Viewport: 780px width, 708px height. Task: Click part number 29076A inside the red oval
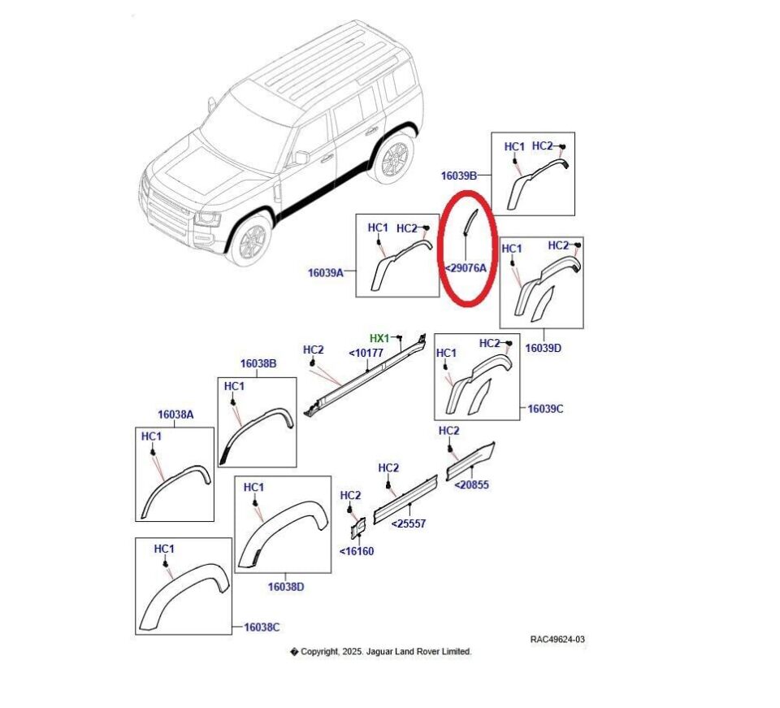point(466,267)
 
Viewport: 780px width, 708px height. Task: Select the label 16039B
point(459,175)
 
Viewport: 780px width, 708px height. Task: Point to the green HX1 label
point(379,338)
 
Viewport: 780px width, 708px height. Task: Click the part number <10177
point(366,353)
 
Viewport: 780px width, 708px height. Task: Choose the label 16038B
point(258,363)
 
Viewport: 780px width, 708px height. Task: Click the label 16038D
point(286,585)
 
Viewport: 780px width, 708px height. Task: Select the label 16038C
point(262,627)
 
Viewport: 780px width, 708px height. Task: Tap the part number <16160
point(357,551)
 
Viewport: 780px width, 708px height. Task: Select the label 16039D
point(544,347)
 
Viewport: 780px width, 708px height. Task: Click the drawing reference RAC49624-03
point(557,640)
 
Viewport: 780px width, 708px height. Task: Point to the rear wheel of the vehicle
point(393,158)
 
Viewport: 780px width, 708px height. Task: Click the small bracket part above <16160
point(357,529)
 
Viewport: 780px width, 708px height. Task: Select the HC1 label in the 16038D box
point(253,487)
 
